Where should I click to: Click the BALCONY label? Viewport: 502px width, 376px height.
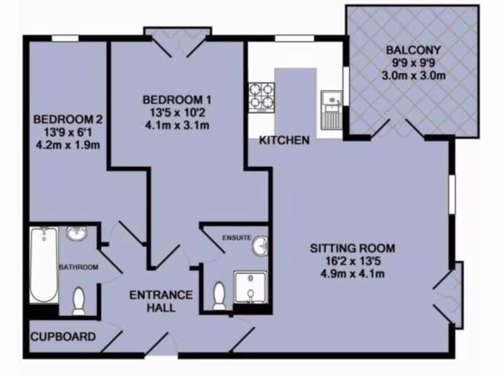[x=413, y=50]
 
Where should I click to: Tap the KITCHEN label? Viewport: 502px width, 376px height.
[x=284, y=141]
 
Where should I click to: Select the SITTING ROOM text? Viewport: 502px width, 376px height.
[x=352, y=248]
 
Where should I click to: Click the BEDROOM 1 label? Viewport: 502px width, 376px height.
[x=177, y=100]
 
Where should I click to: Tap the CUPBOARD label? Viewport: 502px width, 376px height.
[x=63, y=337]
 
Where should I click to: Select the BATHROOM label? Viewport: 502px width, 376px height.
[x=79, y=267]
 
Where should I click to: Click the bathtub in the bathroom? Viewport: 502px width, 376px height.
[x=44, y=264]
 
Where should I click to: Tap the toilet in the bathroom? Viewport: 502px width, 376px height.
[x=78, y=301]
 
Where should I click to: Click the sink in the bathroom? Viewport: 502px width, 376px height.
[x=76, y=234]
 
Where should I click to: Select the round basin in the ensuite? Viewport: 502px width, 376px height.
[x=260, y=245]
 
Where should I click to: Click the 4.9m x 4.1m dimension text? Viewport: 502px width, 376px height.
[x=352, y=274]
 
